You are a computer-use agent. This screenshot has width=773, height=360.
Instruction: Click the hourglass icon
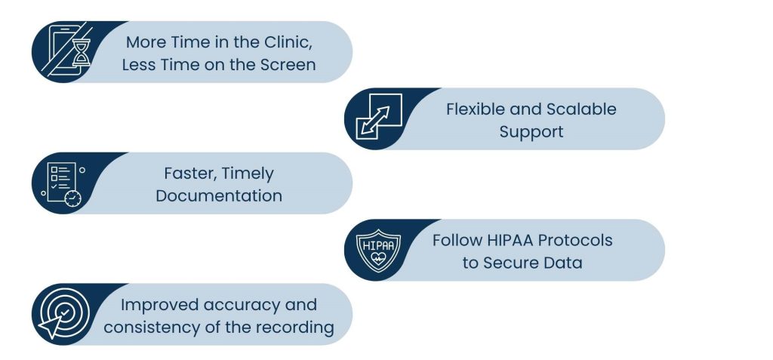pyautogui.click(x=80, y=54)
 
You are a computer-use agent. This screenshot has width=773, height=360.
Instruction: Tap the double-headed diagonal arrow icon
pyautogui.click(x=376, y=120)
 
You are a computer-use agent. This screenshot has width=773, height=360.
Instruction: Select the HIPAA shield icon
pyautogui.click(x=379, y=251)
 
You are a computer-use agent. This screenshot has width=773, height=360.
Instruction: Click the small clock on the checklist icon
pyautogui.click(x=73, y=198)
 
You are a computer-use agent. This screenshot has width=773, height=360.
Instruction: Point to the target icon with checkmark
pyautogui.click(x=63, y=314)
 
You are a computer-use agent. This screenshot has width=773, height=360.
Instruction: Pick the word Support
pyautogui.click(x=531, y=132)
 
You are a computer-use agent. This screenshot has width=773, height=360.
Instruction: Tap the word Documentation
pyautogui.click(x=219, y=195)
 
